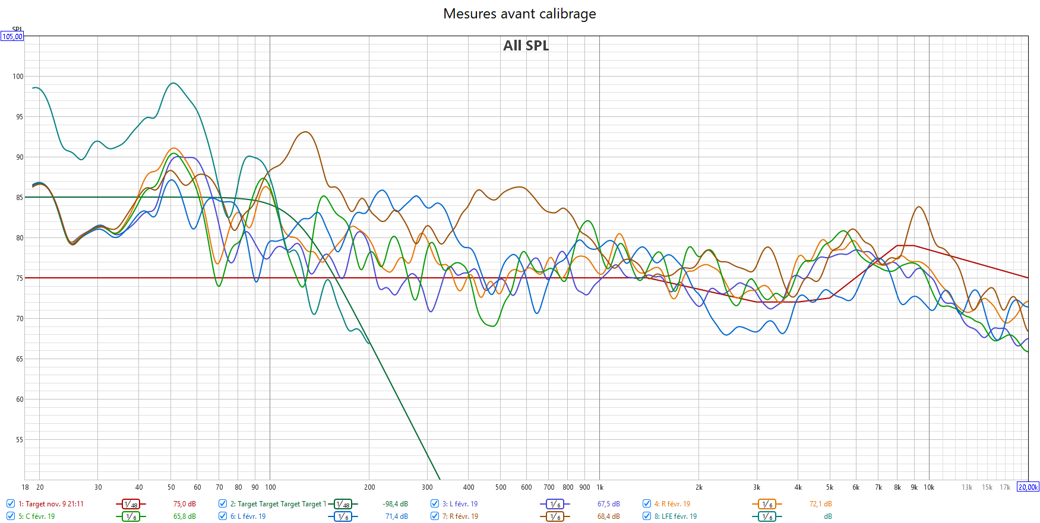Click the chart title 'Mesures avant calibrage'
coord(519,14)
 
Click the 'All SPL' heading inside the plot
coord(526,46)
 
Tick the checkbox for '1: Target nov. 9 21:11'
coord(11,503)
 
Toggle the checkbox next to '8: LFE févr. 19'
coord(647,516)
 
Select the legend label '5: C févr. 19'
coord(36,516)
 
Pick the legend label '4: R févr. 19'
coord(672,504)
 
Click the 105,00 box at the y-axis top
coord(12,37)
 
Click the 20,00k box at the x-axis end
coord(1028,487)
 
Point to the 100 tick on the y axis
coord(18,77)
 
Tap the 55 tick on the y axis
coord(20,440)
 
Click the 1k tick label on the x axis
coord(600,487)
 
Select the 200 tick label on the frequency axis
coord(369,487)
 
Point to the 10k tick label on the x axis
coord(929,487)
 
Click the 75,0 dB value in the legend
coord(184,504)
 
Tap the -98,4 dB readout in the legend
coord(395,504)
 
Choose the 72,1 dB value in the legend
coord(820,504)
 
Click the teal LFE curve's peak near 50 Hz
coord(173,83)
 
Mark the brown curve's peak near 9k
coord(919,207)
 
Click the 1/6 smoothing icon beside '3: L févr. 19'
coord(554,504)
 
